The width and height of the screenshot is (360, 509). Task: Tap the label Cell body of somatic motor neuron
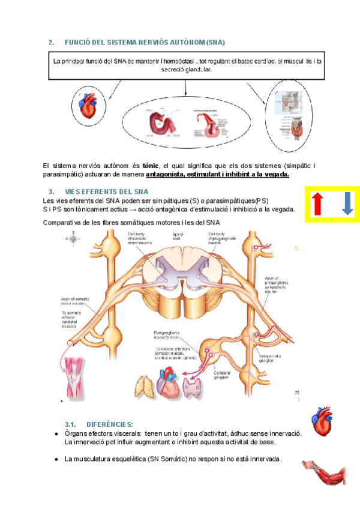[143, 238]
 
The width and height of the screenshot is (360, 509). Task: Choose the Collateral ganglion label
[223, 374]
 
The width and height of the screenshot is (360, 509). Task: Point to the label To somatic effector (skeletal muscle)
[76, 318]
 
